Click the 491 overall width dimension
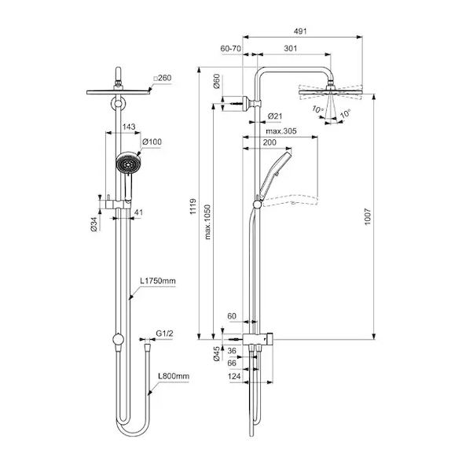[300, 31]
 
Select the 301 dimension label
[291, 49]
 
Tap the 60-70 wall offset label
[230, 49]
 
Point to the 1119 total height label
[193, 206]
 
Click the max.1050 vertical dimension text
[207, 222]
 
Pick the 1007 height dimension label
[368, 217]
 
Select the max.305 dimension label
[281, 131]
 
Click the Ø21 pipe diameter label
[275, 116]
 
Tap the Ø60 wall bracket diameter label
[216, 81]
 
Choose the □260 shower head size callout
[163, 78]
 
